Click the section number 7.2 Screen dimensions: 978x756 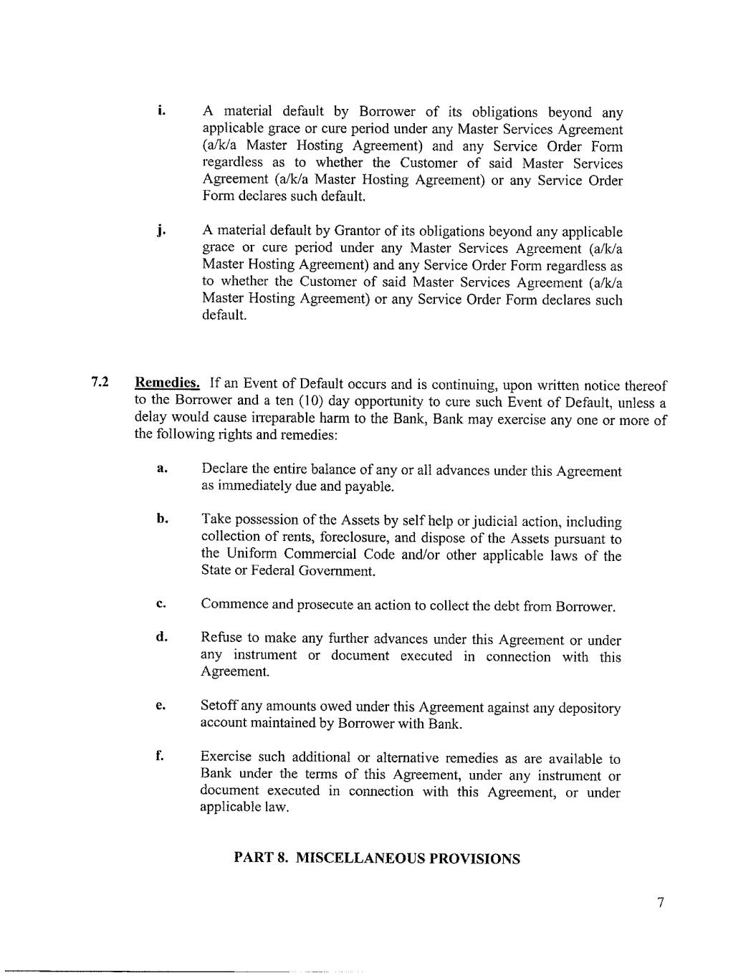click(x=100, y=381)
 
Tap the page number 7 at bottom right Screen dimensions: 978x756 click(x=661, y=903)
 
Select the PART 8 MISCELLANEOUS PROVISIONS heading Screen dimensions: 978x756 click(x=377, y=858)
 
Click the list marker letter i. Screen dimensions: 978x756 click(x=162, y=110)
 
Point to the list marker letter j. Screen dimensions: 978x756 click(x=162, y=230)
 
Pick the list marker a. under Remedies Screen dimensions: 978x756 click(x=162, y=469)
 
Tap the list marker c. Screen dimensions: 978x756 click(x=161, y=603)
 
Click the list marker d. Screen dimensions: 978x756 click(x=162, y=637)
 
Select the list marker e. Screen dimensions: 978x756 click(x=161, y=706)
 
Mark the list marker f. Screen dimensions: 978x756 click(x=160, y=755)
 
